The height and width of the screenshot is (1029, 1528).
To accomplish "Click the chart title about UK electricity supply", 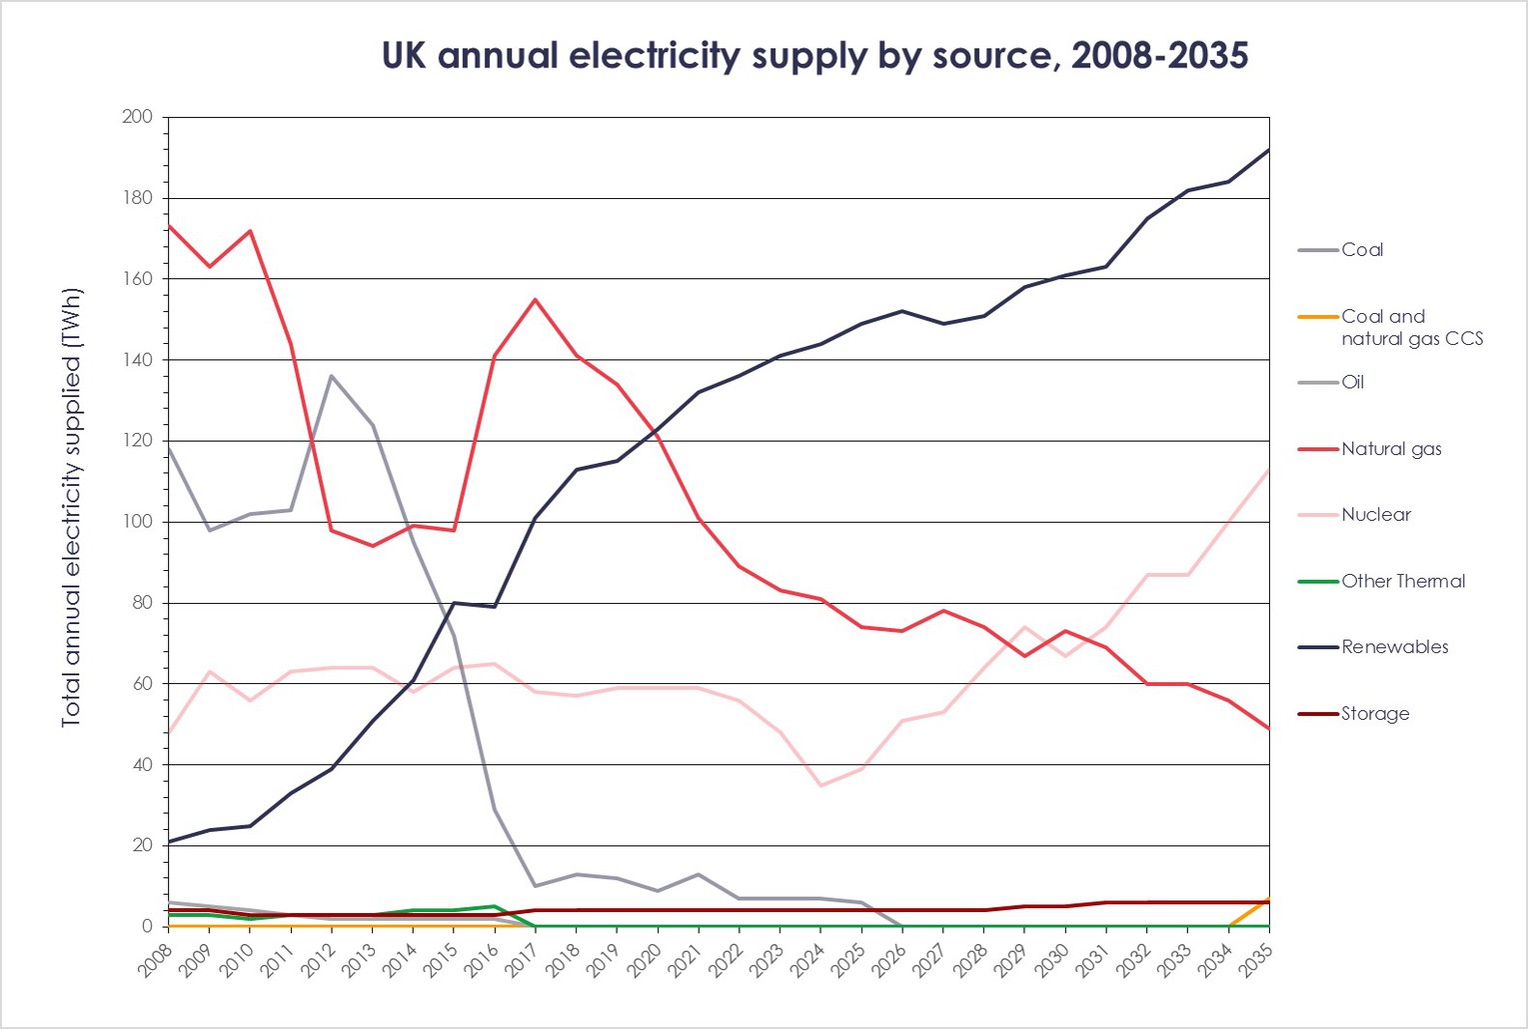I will pos(814,55).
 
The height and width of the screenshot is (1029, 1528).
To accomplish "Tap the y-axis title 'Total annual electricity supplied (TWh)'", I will pos(71,508).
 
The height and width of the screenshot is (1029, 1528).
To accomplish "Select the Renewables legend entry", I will pos(1394,647).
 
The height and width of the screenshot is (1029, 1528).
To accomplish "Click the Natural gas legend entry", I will pos(1391,449).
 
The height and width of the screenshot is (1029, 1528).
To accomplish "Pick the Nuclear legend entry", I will pos(1376,515).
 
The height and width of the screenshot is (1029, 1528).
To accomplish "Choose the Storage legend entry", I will pos(1375,714).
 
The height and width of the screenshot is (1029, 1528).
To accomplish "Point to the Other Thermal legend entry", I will pos(1403,581).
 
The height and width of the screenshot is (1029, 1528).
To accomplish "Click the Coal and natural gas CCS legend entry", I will pos(1411,327).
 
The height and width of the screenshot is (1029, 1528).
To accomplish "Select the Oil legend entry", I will pos(1352,382).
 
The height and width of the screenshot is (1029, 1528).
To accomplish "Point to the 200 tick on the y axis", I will pos(137,117).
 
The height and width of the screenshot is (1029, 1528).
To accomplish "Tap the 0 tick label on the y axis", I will pos(146,927).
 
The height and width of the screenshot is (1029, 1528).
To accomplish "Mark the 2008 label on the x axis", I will pos(155,961).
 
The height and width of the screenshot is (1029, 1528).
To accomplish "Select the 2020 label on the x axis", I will pos(645,961).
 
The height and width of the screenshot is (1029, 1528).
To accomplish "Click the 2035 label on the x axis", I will pos(1256,961).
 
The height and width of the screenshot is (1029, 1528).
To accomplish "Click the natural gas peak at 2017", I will pos(536,299).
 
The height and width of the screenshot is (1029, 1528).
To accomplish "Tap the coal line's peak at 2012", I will pos(332,376).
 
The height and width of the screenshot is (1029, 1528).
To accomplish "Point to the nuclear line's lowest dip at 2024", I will pos(820,785).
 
